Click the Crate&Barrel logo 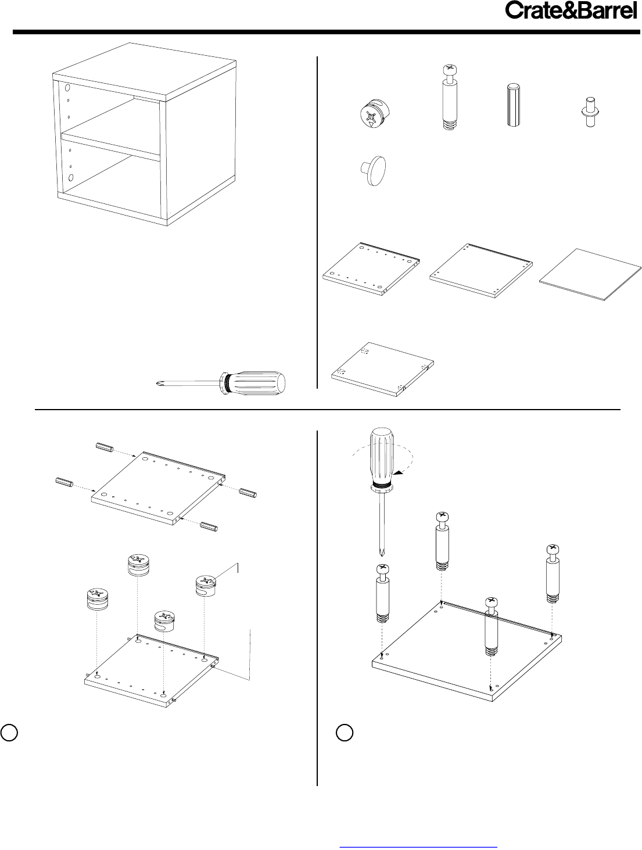pyautogui.click(x=571, y=11)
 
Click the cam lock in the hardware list pyautogui.click(x=374, y=114)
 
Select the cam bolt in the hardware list pyautogui.click(x=450, y=98)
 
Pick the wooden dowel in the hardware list pyautogui.click(x=513, y=105)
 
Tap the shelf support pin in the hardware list pyautogui.click(x=590, y=112)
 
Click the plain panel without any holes pyautogui.click(x=590, y=275)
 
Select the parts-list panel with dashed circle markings pyautogui.click(x=382, y=369)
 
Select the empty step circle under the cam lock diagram pyautogui.click(x=9, y=732)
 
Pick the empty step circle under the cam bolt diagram pyautogui.click(x=344, y=732)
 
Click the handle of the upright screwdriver pyautogui.click(x=382, y=459)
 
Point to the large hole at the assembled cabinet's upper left pyautogui.click(x=67, y=88)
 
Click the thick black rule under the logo pyautogui.click(x=326, y=32)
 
